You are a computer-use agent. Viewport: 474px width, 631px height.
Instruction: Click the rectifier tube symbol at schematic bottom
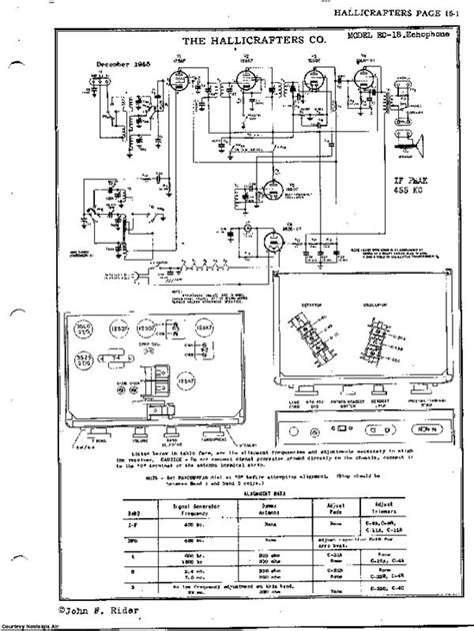point(262,238)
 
